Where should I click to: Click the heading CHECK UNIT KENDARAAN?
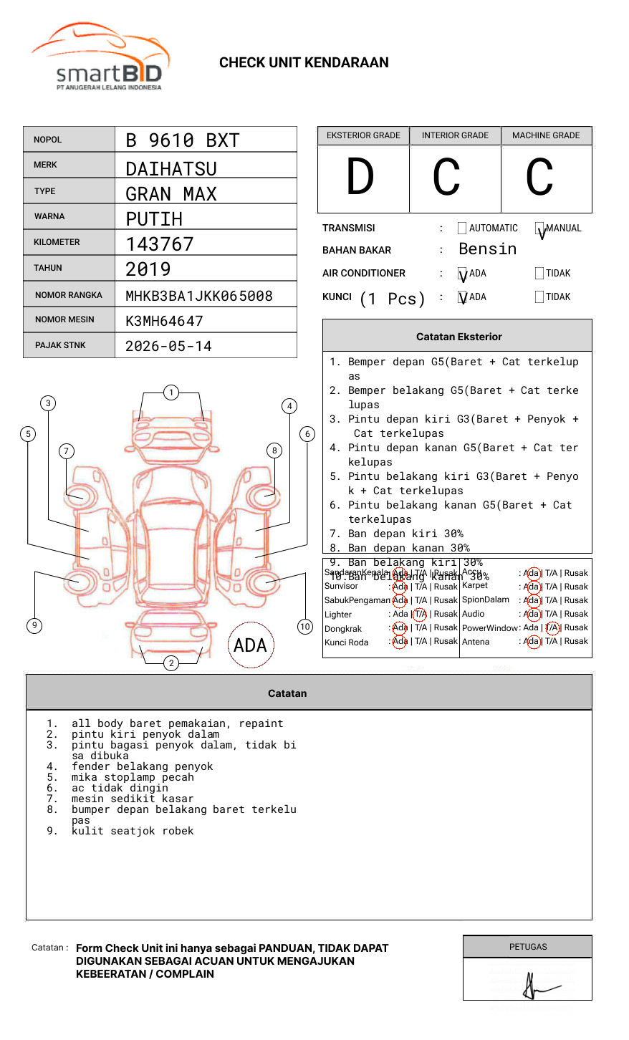(304, 63)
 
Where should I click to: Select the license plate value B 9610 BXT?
(182, 140)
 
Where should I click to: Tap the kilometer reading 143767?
(160, 244)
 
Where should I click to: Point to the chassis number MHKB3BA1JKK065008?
(199, 296)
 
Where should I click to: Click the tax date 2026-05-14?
(168, 347)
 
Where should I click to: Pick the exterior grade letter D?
(360, 178)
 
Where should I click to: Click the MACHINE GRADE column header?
(546, 135)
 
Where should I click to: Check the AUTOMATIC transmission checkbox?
(462, 228)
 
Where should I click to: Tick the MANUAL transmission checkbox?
(539, 228)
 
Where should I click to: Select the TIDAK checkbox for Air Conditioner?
(539, 274)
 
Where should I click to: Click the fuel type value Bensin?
(487, 249)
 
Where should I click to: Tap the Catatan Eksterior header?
(458, 337)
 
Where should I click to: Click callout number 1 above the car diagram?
(171, 393)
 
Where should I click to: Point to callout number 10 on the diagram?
(305, 627)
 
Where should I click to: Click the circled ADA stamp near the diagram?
(250, 645)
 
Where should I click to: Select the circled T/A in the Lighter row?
(420, 614)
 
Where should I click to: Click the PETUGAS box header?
(528, 947)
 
